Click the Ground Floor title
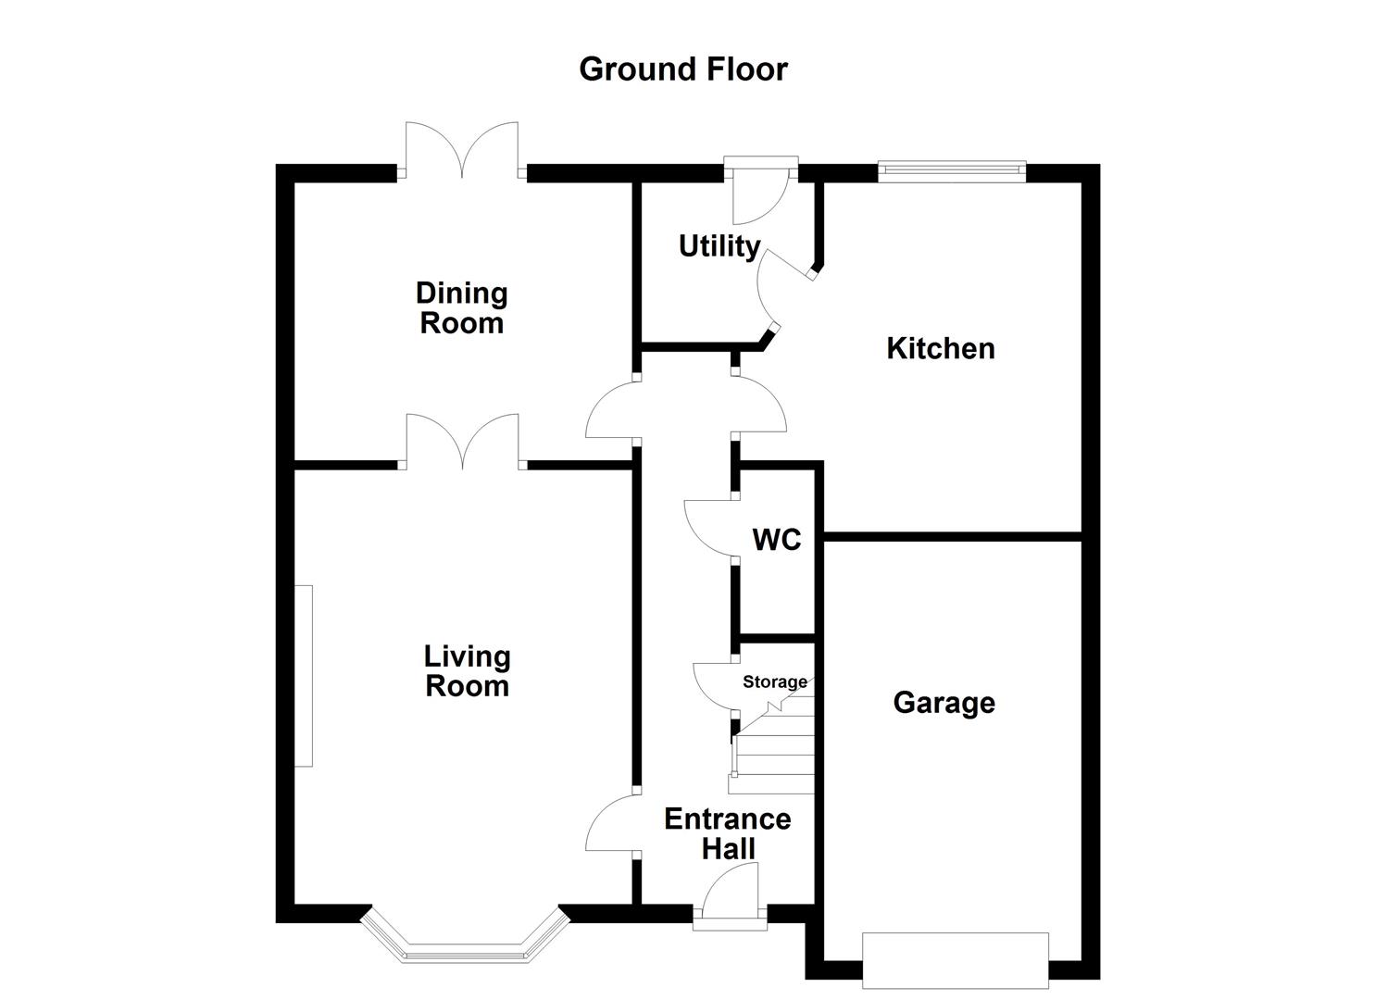click(682, 69)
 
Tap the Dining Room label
click(461, 308)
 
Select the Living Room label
click(467, 671)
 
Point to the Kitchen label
click(940, 349)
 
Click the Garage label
click(944, 703)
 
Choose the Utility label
click(719, 246)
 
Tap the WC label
click(776, 540)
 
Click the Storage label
click(774, 682)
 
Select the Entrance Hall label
click(728, 833)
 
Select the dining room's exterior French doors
click(462, 151)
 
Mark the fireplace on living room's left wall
click(304, 676)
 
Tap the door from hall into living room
click(612, 823)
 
